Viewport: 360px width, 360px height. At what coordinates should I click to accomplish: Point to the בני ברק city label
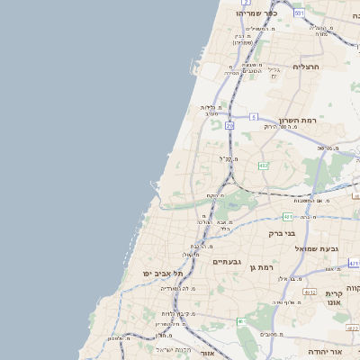coord(282,232)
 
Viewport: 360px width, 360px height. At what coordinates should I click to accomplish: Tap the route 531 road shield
coord(298,12)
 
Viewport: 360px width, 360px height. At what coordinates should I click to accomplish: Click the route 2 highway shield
coord(245,78)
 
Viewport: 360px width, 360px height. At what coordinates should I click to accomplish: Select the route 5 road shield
coord(255,117)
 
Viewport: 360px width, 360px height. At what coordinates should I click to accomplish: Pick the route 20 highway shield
coord(229,126)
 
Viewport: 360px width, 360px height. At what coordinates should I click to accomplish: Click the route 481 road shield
coord(287,216)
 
